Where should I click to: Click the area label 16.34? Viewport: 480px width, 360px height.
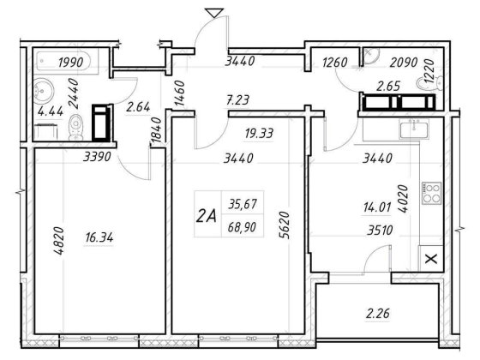click(x=99, y=237)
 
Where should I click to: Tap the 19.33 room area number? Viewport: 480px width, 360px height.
click(x=259, y=134)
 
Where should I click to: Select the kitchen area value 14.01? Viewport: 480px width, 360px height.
click(x=377, y=207)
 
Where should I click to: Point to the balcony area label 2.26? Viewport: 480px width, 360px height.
click(x=378, y=314)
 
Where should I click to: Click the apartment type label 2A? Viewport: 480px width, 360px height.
click(x=206, y=216)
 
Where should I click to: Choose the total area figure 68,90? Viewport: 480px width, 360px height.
click(x=242, y=227)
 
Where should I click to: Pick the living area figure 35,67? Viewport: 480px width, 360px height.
click(x=242, y=204)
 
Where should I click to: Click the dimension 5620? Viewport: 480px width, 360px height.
click(x=284, y=225)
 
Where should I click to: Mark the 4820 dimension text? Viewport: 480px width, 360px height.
click(x=58, y=241)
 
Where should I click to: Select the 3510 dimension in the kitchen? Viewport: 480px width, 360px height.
click(x=380, y=231)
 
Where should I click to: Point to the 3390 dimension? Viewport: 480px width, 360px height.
click(x=97, y=157)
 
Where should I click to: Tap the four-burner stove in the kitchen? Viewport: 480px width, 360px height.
click(x=432, y=193)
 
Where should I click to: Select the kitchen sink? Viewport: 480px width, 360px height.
click(x=414, y=129)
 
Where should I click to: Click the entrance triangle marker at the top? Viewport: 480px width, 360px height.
click(x=214, y=13)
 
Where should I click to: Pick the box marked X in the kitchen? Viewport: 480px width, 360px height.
click(x=432, y=259)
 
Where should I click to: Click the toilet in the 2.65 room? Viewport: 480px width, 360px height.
click(x=430, y=83)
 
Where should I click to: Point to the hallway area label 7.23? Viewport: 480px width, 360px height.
click(x=237, y=100)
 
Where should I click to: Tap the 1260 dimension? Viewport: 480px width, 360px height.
click(x=334, y=63)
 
